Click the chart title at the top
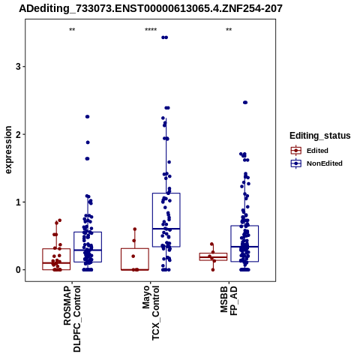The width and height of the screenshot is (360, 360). click(151, 9)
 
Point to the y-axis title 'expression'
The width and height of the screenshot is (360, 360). click(8, 150)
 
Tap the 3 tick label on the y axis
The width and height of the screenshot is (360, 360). click(18, 67)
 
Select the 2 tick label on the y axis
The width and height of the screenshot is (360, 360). click(18, 134)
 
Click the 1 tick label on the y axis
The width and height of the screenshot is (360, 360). click(18, 202)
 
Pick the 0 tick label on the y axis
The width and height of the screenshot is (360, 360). click(18, 270)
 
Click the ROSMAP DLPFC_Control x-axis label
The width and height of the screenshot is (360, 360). click(72, 319)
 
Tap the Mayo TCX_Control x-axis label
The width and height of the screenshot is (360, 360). click(151, 313)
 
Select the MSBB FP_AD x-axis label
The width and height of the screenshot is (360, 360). click(229, 301)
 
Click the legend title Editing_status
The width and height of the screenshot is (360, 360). click(320, 136)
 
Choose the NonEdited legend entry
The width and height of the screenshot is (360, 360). click(316, 163)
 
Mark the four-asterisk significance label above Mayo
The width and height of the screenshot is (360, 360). click(151, 30)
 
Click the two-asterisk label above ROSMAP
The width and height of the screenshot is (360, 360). click(72, 30)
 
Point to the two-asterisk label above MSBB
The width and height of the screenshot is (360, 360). click(229, 30)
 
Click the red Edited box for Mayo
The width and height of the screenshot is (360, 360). click(135, 248)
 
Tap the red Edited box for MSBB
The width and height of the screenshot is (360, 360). click(213, 253)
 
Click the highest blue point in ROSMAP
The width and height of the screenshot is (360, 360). click(88, 117)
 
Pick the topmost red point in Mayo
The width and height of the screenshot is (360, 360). click(135, 229)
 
